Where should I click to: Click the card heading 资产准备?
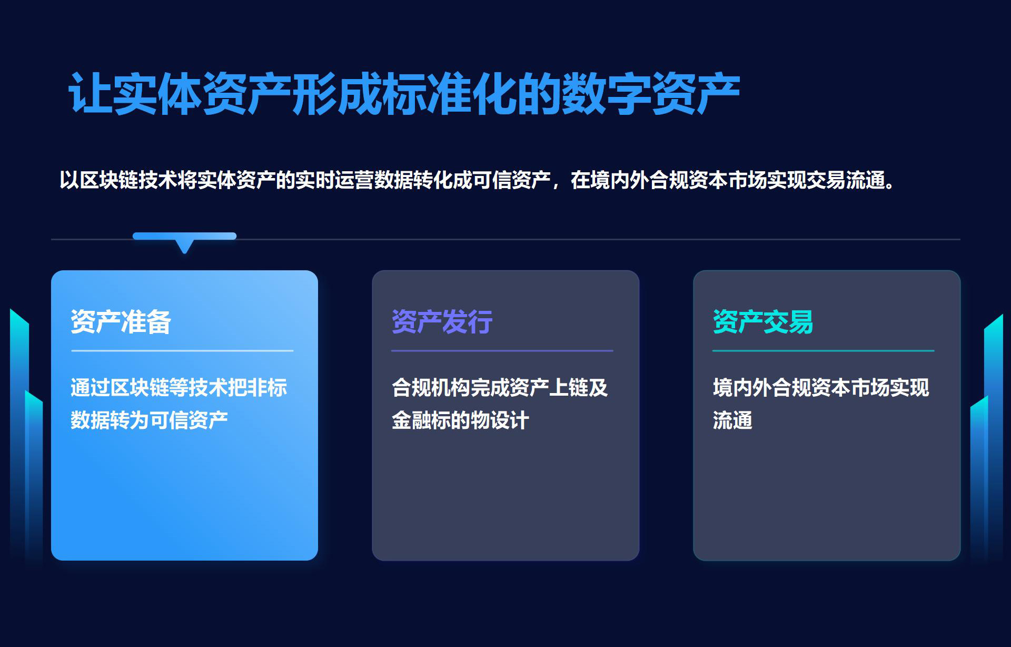pyautogui.click(x=121, y=321)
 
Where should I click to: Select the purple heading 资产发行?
pyautogui.click(x=442, y=321)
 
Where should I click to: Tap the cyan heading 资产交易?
pyautogui.click(x=763, y=321)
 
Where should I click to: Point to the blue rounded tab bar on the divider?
pyautogui.click(x=184, y=236)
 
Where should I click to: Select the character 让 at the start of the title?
pyautogui.click(x=90, y=94)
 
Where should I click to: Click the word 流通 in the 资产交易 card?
pyautogui.click(x=732, y=420)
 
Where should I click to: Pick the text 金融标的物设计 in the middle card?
pyautogui.click(x=461, y=420)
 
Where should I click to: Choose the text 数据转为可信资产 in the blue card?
pyautogui.click(x=150, y=420)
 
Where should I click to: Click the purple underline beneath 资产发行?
pyautogui.click(x=502, y=350)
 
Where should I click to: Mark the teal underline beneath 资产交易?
pyautogui.click(x=824, y=350)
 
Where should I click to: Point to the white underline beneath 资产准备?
pyautogui.click(x=182, y=350)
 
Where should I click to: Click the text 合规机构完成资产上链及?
pyautogui.click(x=500, y=388)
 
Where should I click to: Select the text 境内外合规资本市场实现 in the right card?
pyautogui.click(x=821, y=388)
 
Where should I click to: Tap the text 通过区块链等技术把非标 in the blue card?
pyautogui.click(x=179, y=388)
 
